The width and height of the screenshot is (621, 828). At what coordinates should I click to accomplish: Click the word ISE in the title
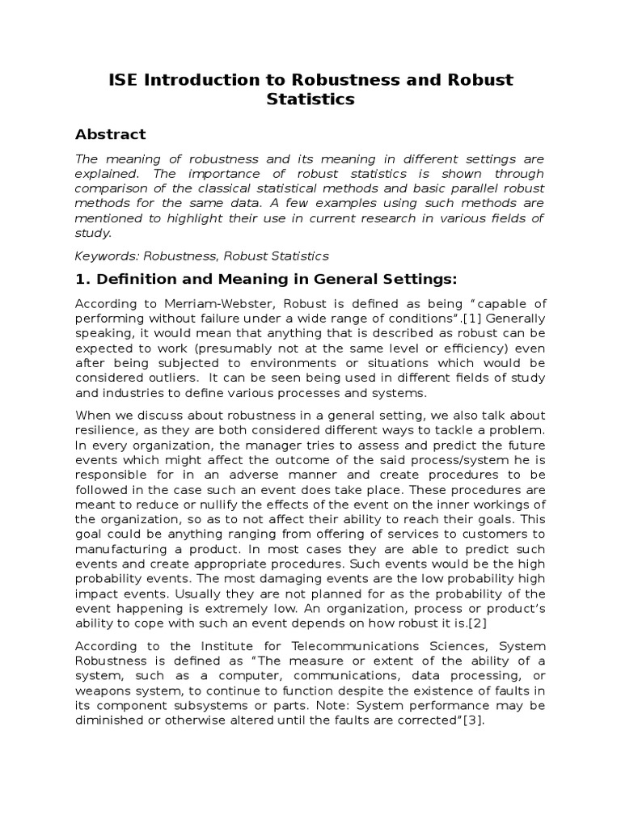point(123,80)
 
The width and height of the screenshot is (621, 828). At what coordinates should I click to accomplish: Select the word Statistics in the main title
point(310,100)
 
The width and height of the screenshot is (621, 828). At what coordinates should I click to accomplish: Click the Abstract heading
point(111,134)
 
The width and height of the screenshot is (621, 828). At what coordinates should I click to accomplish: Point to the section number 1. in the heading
point(82,280)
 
